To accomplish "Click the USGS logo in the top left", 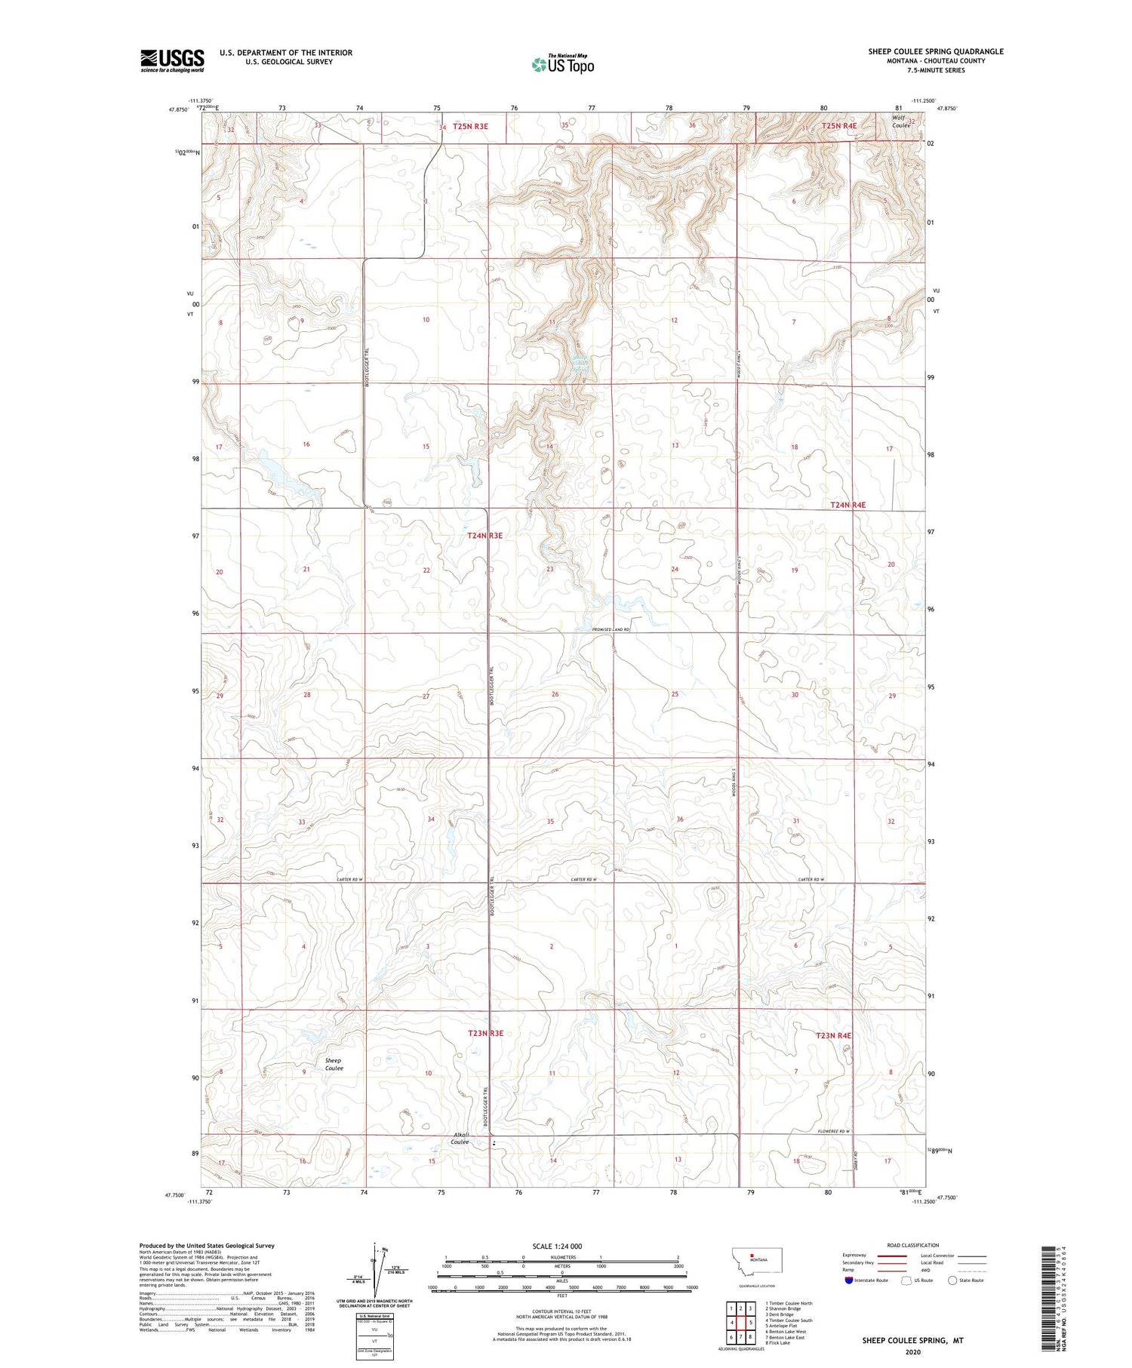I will [172, 60].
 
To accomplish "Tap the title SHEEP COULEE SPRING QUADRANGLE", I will [935, 51].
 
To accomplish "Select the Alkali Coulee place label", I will [460, 1139].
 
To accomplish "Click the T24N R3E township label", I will [484, 535].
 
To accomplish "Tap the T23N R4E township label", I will [833, 1036].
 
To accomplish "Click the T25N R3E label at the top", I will [470, 126].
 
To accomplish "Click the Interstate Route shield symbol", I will [848, 1280].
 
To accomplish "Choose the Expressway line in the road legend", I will [896, 1256].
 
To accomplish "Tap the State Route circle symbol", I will [952, 1280].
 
